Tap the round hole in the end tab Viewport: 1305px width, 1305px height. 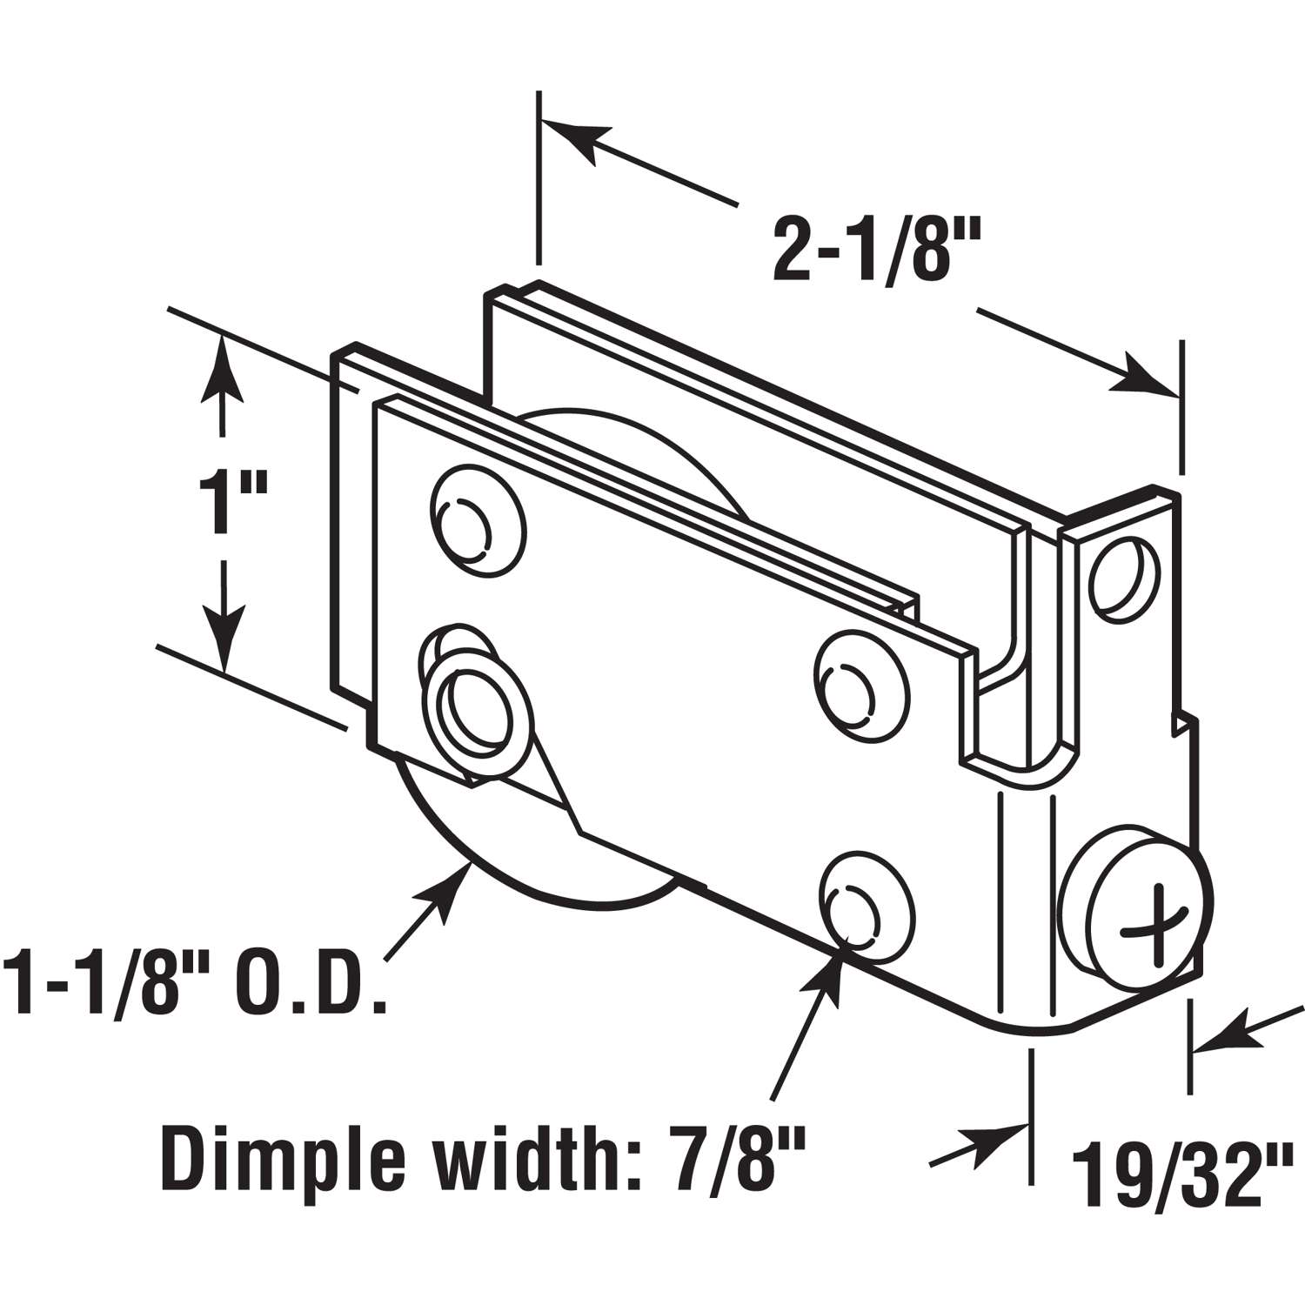pyautogui.click(x=1126, y=575)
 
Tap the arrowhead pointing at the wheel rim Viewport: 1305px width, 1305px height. pyautogui.click(x=452, y=887)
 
